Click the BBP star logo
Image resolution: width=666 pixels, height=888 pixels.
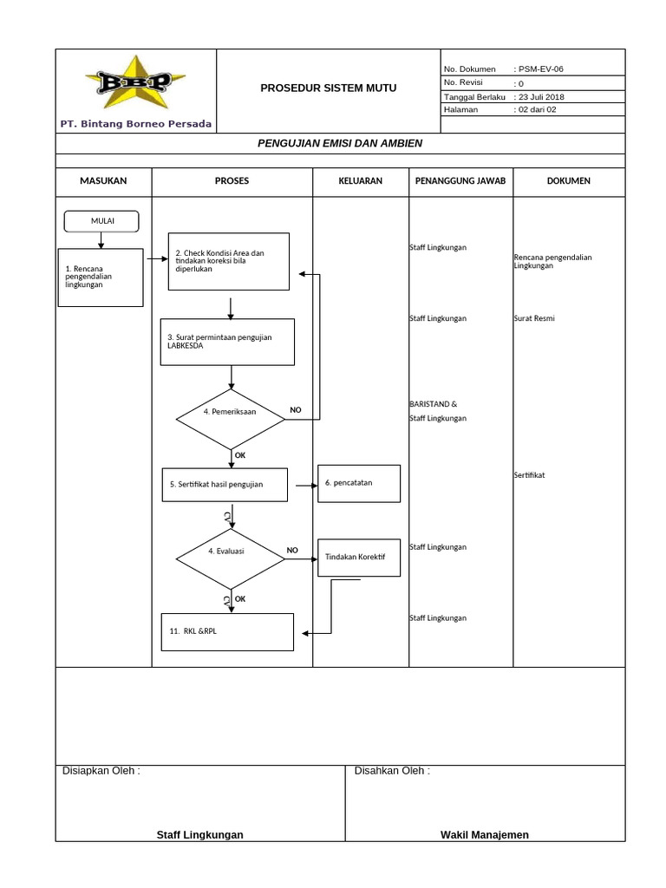(135, 83)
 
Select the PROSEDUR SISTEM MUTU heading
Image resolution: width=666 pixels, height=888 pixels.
(329, 88)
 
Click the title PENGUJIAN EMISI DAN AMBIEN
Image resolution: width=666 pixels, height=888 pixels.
(340, 143)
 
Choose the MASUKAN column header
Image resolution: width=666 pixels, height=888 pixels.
(103, 181)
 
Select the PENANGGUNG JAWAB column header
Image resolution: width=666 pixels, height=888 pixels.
(460, 181)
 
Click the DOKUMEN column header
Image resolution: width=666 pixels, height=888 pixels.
(569, 181)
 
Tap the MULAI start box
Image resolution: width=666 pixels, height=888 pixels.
(102, 221)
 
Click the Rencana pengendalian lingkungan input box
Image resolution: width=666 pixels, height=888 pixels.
(101, 277)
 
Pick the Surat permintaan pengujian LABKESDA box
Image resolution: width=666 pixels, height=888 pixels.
(231, 342)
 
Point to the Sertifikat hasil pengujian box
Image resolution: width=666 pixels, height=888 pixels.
(225, 485)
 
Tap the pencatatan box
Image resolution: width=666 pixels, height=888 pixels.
(360, 483)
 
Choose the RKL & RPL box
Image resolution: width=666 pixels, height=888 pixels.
(228, 631)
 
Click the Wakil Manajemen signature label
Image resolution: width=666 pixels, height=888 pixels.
(484, 835)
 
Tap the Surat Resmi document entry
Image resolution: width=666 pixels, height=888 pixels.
(534, 319)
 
